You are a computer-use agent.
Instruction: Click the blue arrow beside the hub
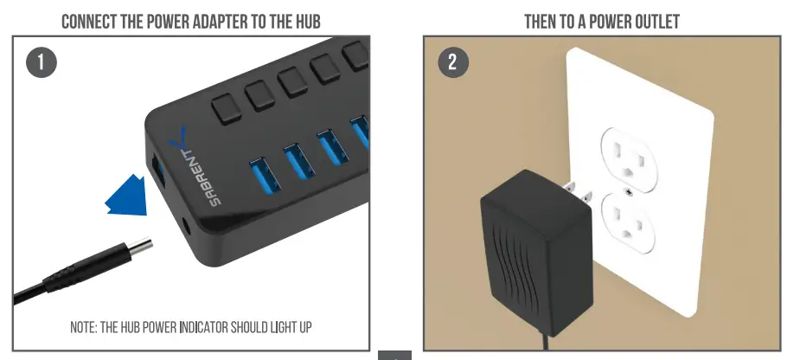pos(127,196)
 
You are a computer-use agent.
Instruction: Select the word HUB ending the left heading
pos(305,21)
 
